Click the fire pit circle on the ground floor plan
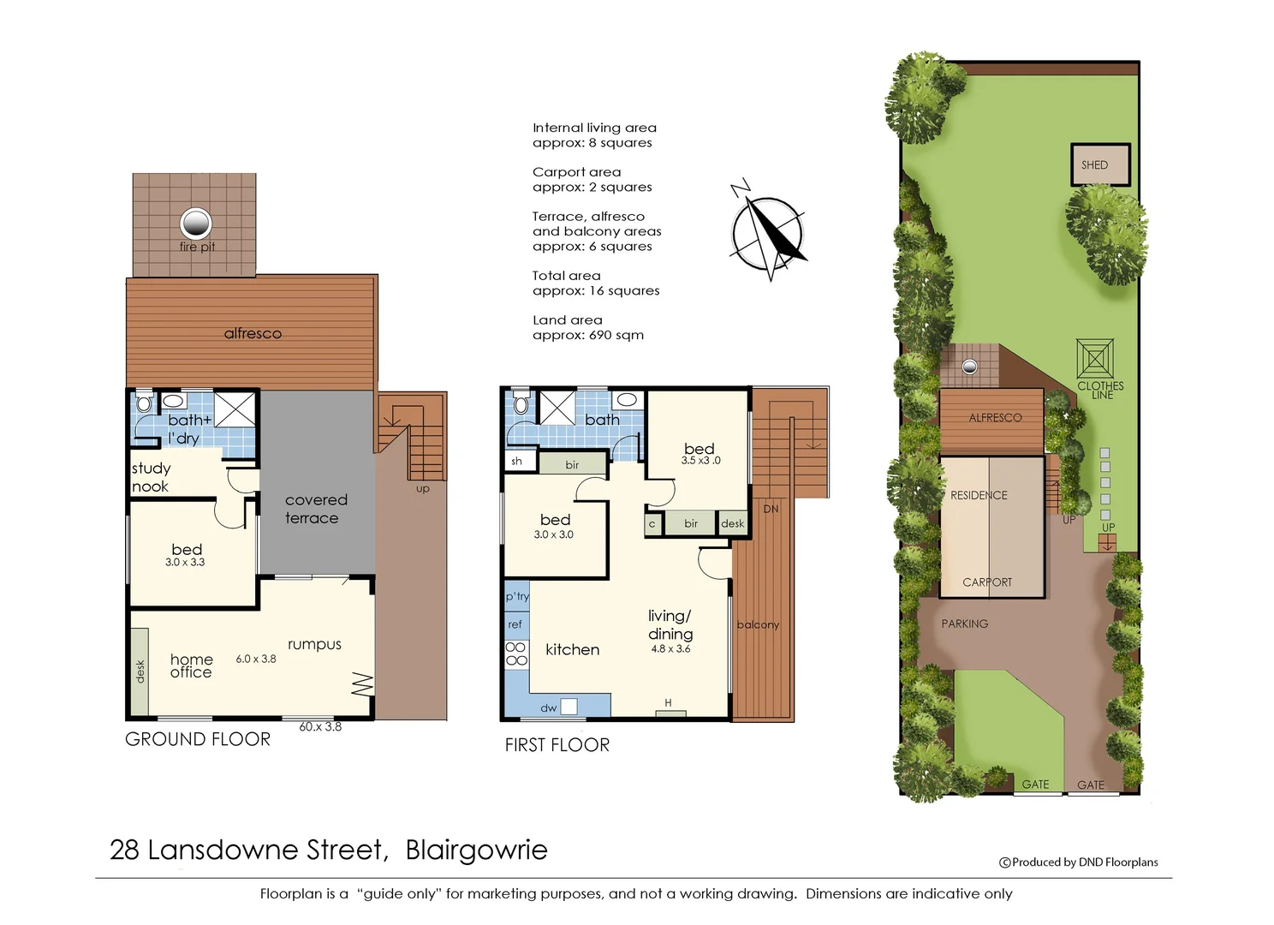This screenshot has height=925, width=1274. point(195,224)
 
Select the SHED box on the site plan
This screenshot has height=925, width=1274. point(1099,164)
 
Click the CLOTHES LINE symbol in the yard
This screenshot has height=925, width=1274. point(1095,359)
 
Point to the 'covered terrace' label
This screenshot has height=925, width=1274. point(315,509)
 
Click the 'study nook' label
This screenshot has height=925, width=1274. point(151,477)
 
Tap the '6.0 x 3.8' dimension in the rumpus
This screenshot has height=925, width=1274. point(256,659)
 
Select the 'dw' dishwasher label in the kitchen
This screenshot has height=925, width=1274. point(549,708)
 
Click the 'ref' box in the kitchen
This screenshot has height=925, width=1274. point(515,624)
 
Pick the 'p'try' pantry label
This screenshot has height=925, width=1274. point(517,596)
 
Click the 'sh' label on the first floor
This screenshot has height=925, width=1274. point(516,461)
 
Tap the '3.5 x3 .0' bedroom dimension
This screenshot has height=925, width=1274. point(700,461)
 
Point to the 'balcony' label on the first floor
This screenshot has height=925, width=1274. point(758,624)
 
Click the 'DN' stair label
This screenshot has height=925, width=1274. point(771,509)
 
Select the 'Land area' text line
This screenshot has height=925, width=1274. point(568,320)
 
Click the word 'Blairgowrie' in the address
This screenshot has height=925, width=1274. point(476,850)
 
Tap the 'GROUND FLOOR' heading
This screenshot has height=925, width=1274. point(198,739)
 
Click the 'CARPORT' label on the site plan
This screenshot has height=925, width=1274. point(987,582)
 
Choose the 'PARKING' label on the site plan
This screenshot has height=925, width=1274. point(964,624)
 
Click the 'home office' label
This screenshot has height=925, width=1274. point(191,665)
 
